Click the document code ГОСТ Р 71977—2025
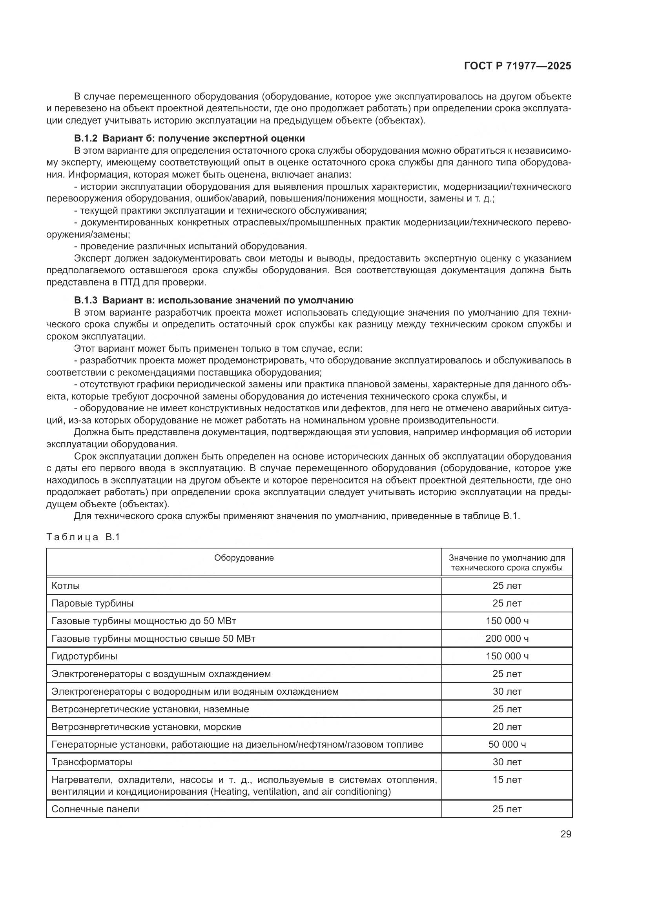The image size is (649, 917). pyautogui.click(x=518, y=66)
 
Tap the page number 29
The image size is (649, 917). pyautogui.click(x=565, y=834)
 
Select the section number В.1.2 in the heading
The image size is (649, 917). pyautogui.click(x=86, y=138)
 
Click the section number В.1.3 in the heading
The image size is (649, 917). pyautogui.click(x=86, y=300)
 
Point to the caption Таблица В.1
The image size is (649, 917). pyautogui.click(x=83, y=537)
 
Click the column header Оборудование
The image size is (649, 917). pyautogui.click(x=244, y=557)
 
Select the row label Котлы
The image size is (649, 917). pyautogui.click(x=66, y=586)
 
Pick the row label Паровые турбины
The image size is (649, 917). pyautogui.click(x=92, y=603)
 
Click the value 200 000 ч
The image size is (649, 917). pyautogui.click(x=507, y=639)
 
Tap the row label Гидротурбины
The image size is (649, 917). pyautogui.click(x=84, y=656)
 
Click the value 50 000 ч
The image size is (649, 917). pyautogui.click(x=507, y=744)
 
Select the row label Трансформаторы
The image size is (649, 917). pyautogui.click(x=91, y=762)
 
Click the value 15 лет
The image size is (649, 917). pyautogui.click(x=507, y=780)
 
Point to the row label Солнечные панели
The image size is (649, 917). pyautogui.click(x=95, y=809)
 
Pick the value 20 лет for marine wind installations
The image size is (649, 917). pyautogui.click(x=507, y=727)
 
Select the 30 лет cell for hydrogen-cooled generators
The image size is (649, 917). pyautogui.click(x=507, y=691)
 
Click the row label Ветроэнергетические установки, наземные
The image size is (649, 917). pyautogui.click(x=150, y=709)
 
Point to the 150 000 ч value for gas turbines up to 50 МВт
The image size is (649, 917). pyautogui.click(x=507, y=621)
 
